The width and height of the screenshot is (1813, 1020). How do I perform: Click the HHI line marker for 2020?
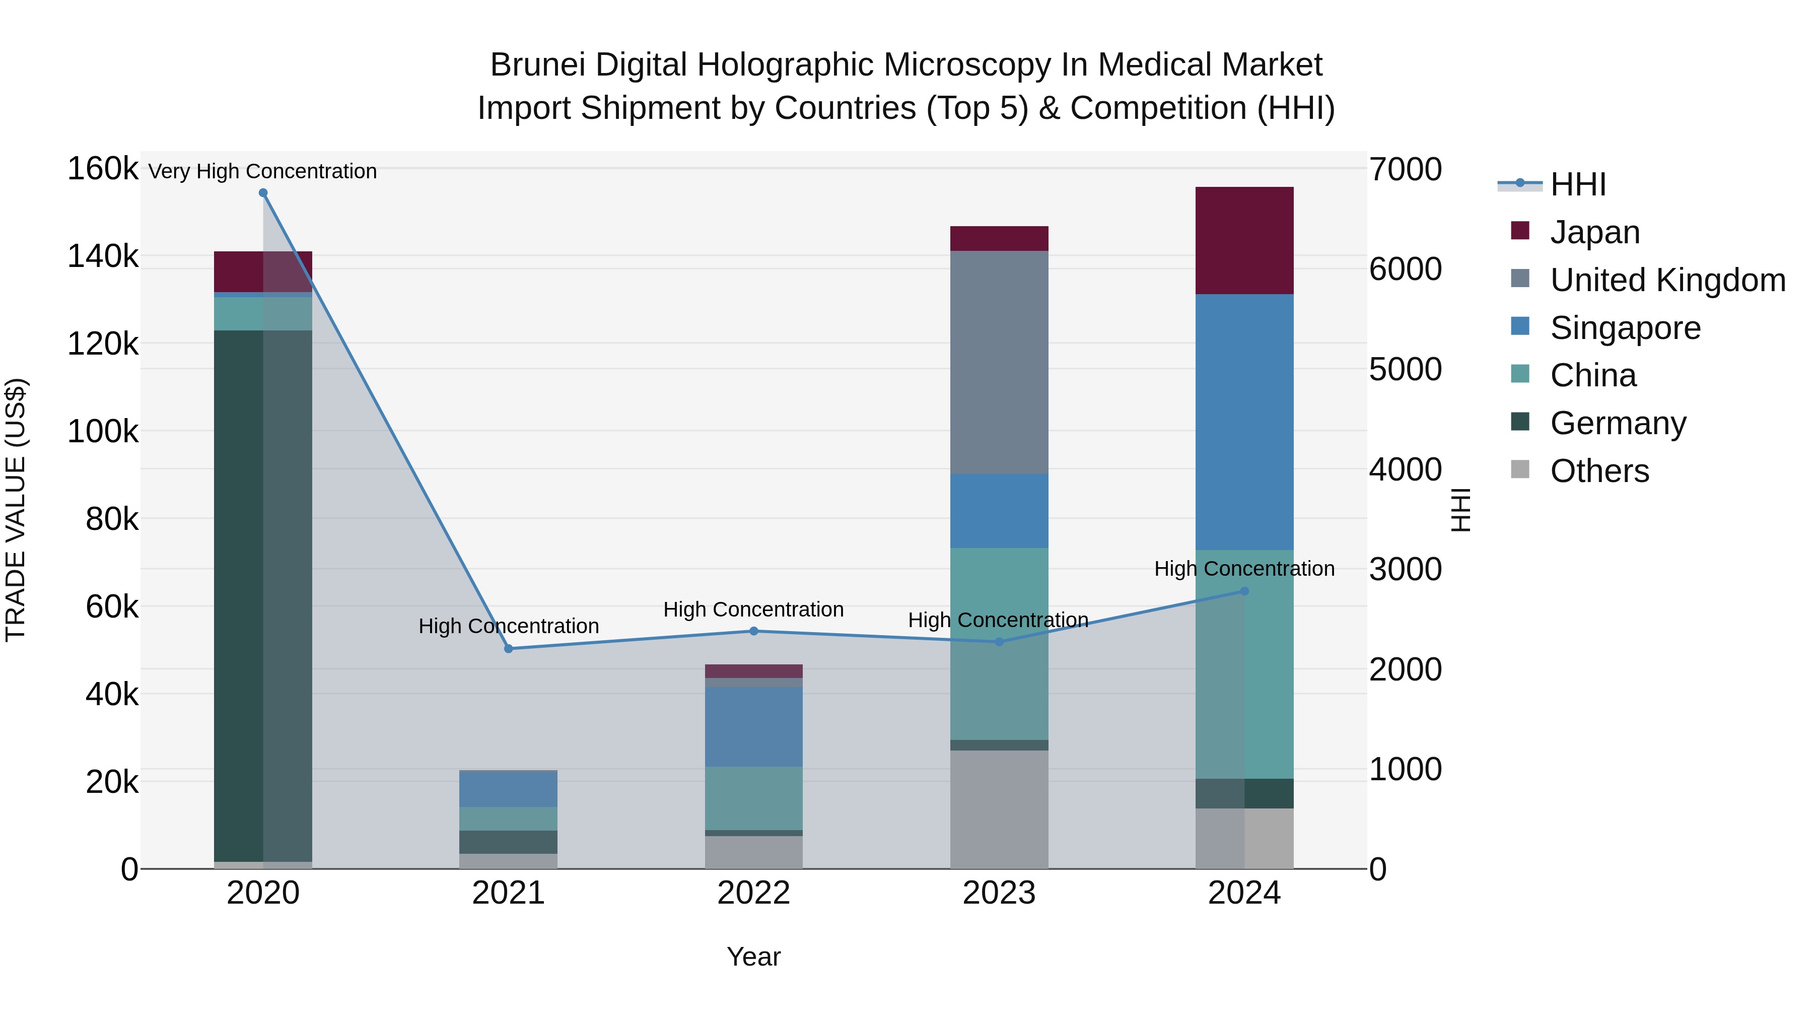(263, 193)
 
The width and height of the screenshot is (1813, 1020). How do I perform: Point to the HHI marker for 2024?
(1244, 591)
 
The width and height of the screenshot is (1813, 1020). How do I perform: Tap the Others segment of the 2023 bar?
(999, 809)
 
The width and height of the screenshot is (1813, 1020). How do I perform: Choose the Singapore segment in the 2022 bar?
(754, 726)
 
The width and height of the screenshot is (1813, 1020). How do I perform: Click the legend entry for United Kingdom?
(1667, 280)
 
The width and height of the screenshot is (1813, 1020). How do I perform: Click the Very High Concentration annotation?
(262, 171)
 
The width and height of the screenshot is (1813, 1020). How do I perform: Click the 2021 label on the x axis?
(508, 893)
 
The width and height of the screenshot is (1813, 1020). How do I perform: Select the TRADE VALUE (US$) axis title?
(16, 510)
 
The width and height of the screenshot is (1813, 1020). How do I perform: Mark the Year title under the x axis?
(754, 957)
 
